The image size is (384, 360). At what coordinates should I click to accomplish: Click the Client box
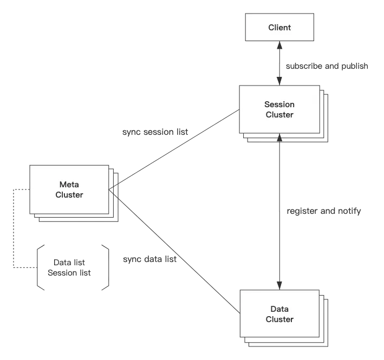point(279,28)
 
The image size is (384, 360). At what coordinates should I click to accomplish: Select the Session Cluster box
point(279,109)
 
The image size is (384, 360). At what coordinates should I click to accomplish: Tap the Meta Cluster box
point(69,190)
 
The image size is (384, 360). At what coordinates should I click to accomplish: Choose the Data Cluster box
point(279,314)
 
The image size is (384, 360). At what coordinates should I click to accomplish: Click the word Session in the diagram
point(279,104)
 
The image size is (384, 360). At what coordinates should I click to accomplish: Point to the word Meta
point(69,185)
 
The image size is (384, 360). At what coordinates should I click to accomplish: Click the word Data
point(279,309)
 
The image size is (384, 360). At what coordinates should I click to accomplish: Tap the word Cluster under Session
point(279,115)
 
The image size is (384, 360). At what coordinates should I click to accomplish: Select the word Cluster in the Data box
point(279,319)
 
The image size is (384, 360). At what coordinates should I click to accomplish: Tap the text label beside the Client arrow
point(327,65)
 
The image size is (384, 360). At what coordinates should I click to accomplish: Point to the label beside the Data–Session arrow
point(325,212)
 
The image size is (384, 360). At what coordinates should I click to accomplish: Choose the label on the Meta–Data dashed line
point(148,260)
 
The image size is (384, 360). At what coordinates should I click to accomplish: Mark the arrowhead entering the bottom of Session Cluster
point(279,140)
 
